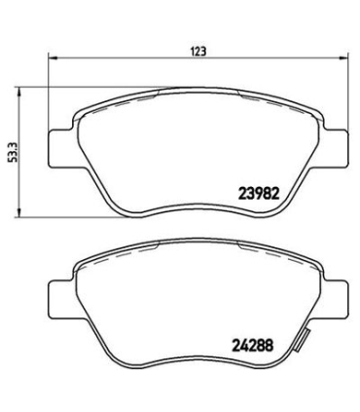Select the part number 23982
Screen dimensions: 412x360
coord(260,193)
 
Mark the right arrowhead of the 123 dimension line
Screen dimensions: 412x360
coord(349,57)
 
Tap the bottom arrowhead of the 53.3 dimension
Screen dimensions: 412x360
coord(21,213)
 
